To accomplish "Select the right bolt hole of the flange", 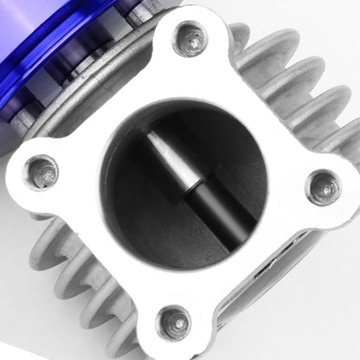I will click(x=322, y=187).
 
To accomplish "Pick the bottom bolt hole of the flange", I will click(x=175, y=323).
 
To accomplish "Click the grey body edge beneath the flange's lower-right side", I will click(x=286, y=286).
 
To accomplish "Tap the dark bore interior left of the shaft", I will click(x=130, y=199).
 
